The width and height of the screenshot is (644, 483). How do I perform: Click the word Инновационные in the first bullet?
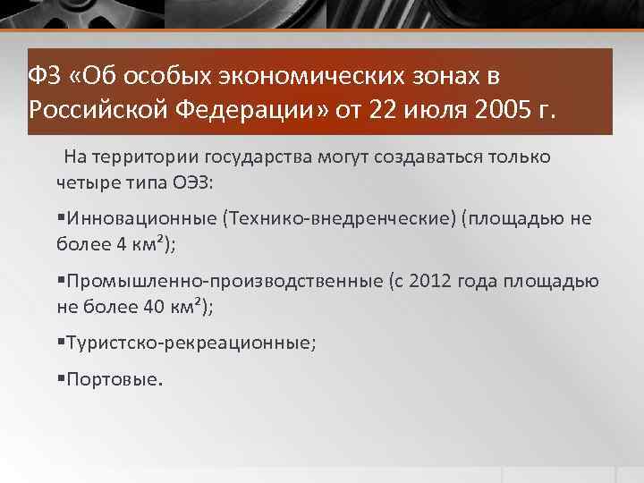140,219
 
